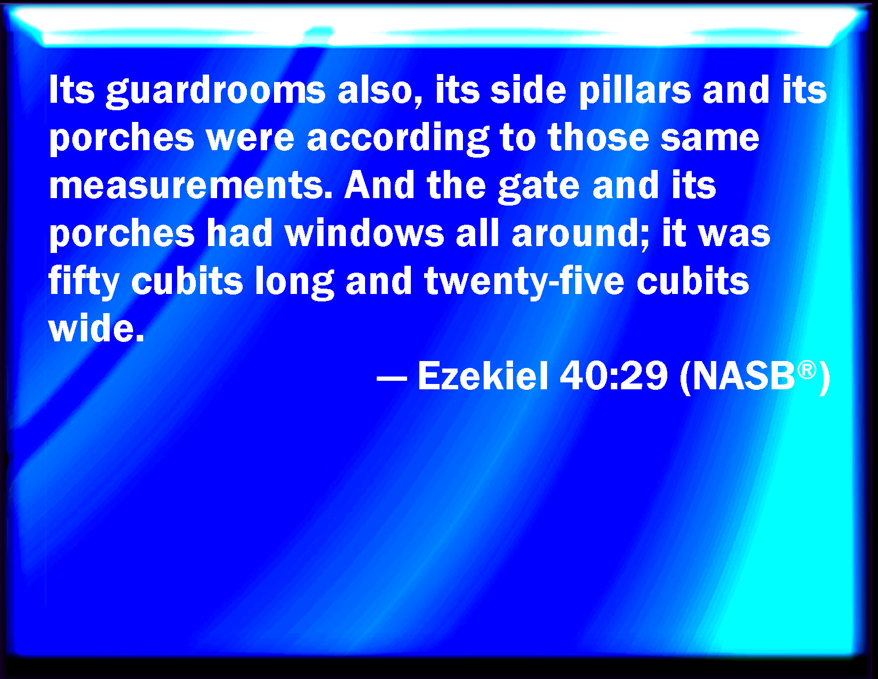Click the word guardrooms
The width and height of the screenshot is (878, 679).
(x=216, y=92)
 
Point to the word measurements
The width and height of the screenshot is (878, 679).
(x=190, y=186)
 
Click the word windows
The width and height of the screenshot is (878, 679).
(x=365, y=234)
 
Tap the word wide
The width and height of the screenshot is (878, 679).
(x=96, y=328)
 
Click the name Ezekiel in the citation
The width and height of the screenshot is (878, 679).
(x=483, y=375)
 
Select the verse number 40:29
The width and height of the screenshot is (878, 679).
(x=614, y=375)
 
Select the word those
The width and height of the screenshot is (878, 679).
(x=598, y=138)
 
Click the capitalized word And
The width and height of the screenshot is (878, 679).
(x=379, y=185)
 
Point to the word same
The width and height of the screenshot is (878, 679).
(x=710, y=139)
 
